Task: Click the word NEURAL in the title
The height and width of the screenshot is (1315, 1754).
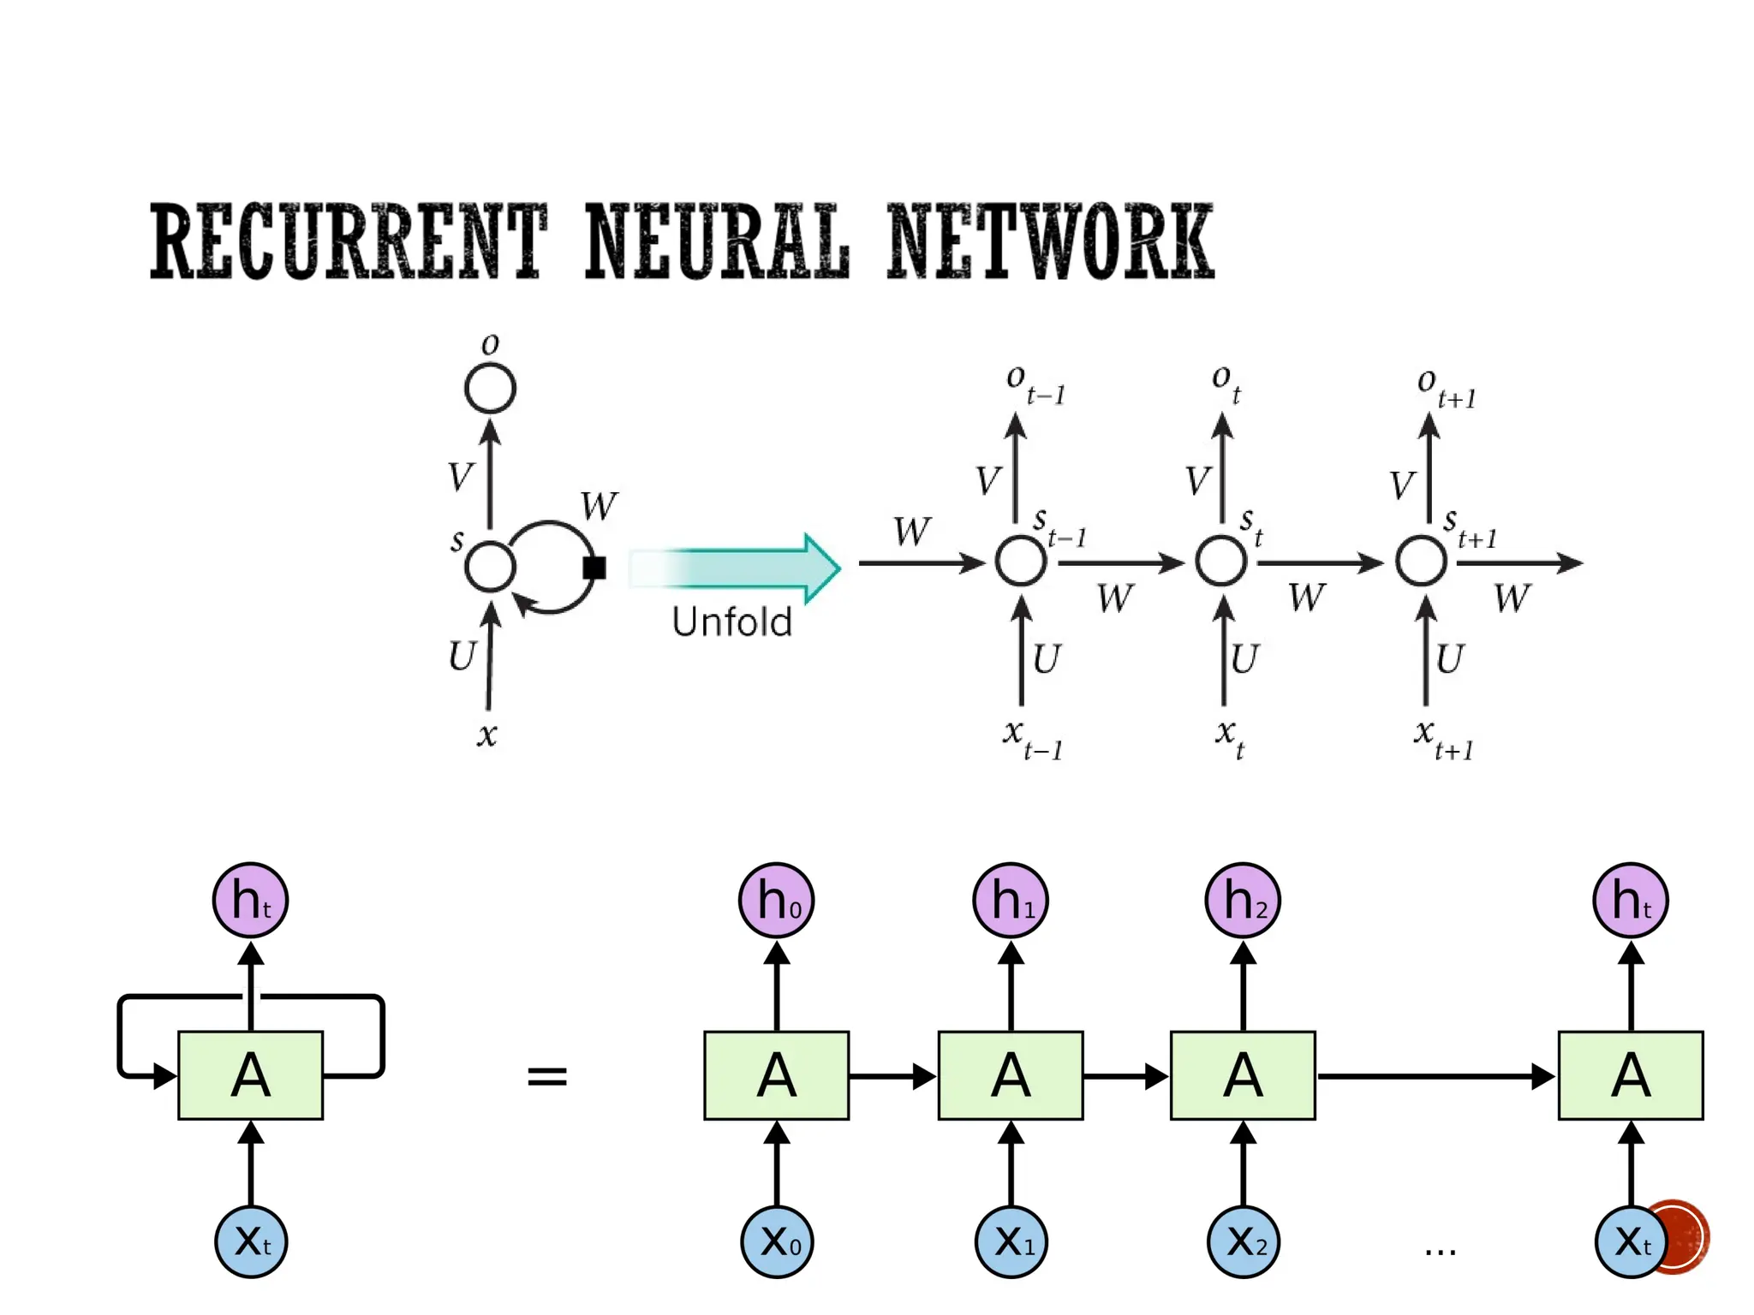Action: click(717, 241)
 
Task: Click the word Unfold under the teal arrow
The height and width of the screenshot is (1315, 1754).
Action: click(731, 622)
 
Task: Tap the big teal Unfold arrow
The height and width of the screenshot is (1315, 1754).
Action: click(737, 568)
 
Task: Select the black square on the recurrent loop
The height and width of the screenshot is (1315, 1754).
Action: click(594, 568)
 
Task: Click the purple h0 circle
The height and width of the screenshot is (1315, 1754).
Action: click(776, 901)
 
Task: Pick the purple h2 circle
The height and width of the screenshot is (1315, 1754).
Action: click(1242, 901)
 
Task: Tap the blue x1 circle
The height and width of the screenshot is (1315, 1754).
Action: click(1011, 1241)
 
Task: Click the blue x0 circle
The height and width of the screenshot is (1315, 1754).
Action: click(777, 1241)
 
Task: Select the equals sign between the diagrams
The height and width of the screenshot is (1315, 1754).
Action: click(546, 1076)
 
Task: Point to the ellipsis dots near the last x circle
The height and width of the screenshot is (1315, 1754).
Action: click(1440, 1253)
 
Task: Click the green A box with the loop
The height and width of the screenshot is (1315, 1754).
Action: click(250, 1075)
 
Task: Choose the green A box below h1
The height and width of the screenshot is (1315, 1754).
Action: click(1010, 1075)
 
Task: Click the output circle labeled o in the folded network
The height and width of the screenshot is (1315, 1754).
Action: click(490, 389)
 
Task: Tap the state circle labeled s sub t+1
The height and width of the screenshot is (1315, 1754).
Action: click(1421, 562)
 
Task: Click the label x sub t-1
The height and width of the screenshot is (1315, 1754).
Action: click(1032, 739)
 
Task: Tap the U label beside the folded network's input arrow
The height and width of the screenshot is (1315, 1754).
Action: click(462, 657)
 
